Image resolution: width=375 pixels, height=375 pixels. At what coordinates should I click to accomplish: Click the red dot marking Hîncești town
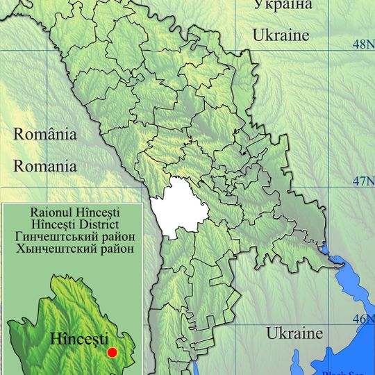[x=112, y=352]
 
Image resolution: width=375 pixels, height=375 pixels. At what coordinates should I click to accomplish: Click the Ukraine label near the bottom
[x=294, y=333]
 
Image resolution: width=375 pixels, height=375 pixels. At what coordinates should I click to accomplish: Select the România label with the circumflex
[x=45, y=135]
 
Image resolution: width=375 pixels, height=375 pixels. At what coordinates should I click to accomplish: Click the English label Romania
[x=46, y=167]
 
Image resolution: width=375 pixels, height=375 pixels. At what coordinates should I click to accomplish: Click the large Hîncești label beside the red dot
[x=79, y=340]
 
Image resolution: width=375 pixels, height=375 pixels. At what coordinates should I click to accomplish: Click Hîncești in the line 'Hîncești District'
[x=51, y=224]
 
